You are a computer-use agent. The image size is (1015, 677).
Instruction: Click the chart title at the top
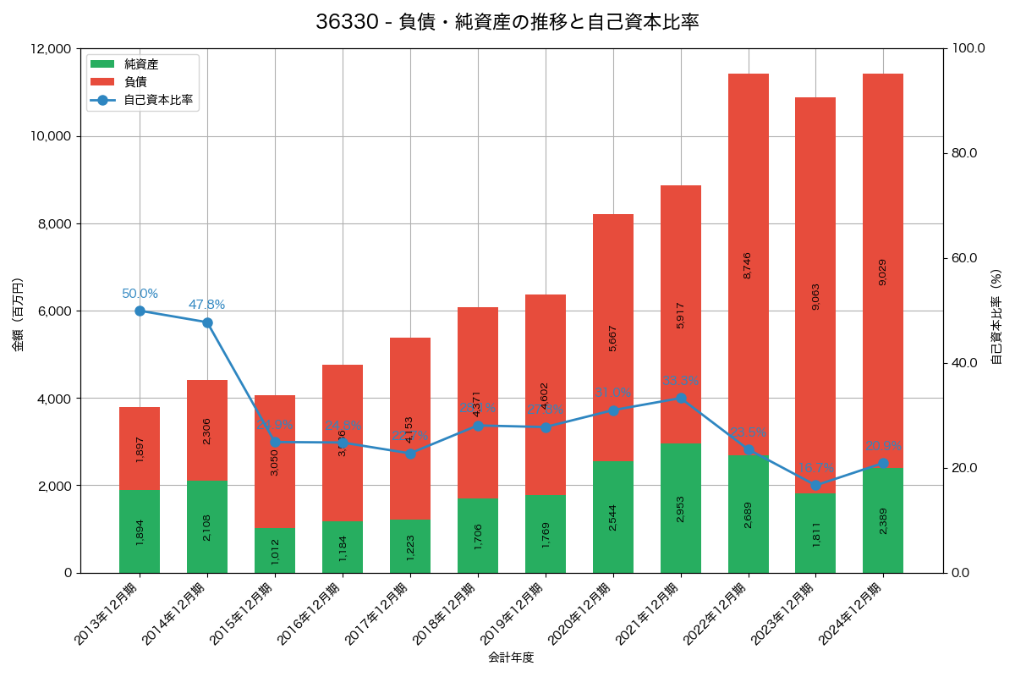(507, 23)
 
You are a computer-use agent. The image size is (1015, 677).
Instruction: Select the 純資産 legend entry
(140, 64)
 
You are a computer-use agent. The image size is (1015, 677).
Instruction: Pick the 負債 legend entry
(135, 82)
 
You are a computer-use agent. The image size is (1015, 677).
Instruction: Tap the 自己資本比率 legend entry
(157, 100)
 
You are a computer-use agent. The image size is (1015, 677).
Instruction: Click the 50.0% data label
(140, 294)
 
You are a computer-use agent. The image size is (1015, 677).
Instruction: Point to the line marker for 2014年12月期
(207, 322)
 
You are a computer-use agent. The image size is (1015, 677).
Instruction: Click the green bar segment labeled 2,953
(681, 508)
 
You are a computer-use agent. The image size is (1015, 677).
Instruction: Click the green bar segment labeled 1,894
(140, 531)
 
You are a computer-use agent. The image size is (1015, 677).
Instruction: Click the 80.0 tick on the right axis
(963, 153)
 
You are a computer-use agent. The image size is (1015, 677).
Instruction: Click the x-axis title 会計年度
(511, 658)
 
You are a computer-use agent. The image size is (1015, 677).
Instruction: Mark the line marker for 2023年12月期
(815, 485)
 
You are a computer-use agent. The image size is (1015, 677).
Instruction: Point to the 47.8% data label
(207, 305)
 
